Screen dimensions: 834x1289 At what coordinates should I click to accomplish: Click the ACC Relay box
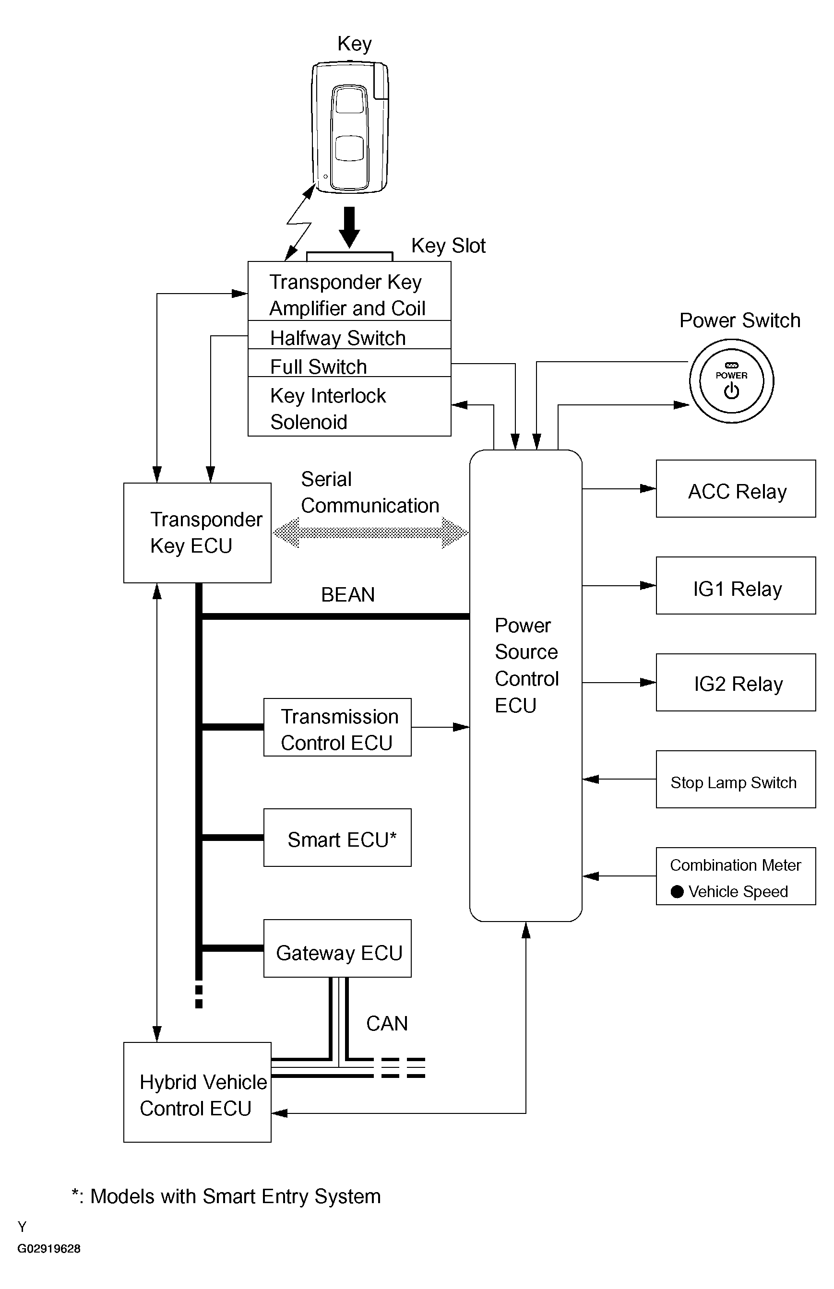736,488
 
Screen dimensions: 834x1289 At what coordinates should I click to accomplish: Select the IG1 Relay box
736,585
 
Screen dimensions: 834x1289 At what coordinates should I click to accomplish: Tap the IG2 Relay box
736,682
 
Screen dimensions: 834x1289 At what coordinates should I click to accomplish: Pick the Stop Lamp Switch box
736,779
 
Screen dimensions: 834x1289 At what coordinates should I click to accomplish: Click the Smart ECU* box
337,838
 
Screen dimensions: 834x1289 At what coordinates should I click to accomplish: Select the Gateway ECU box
337,948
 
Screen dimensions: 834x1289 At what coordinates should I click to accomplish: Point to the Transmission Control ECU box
337,727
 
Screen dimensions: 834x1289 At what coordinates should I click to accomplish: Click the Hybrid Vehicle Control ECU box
197,1092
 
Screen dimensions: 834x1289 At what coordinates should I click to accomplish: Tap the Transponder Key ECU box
197,532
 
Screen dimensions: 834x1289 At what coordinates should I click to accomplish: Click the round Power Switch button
731,381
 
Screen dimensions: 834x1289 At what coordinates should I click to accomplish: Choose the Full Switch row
349,363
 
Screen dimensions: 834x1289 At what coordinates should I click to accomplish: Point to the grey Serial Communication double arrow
370,532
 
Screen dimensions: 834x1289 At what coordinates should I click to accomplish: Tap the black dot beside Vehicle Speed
677,891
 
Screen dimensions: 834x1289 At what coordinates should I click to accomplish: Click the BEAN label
348,594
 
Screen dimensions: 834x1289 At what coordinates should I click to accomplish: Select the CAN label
387,1023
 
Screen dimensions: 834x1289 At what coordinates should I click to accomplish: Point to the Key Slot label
448,246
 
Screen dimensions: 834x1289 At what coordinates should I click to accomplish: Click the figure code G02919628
49,1248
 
